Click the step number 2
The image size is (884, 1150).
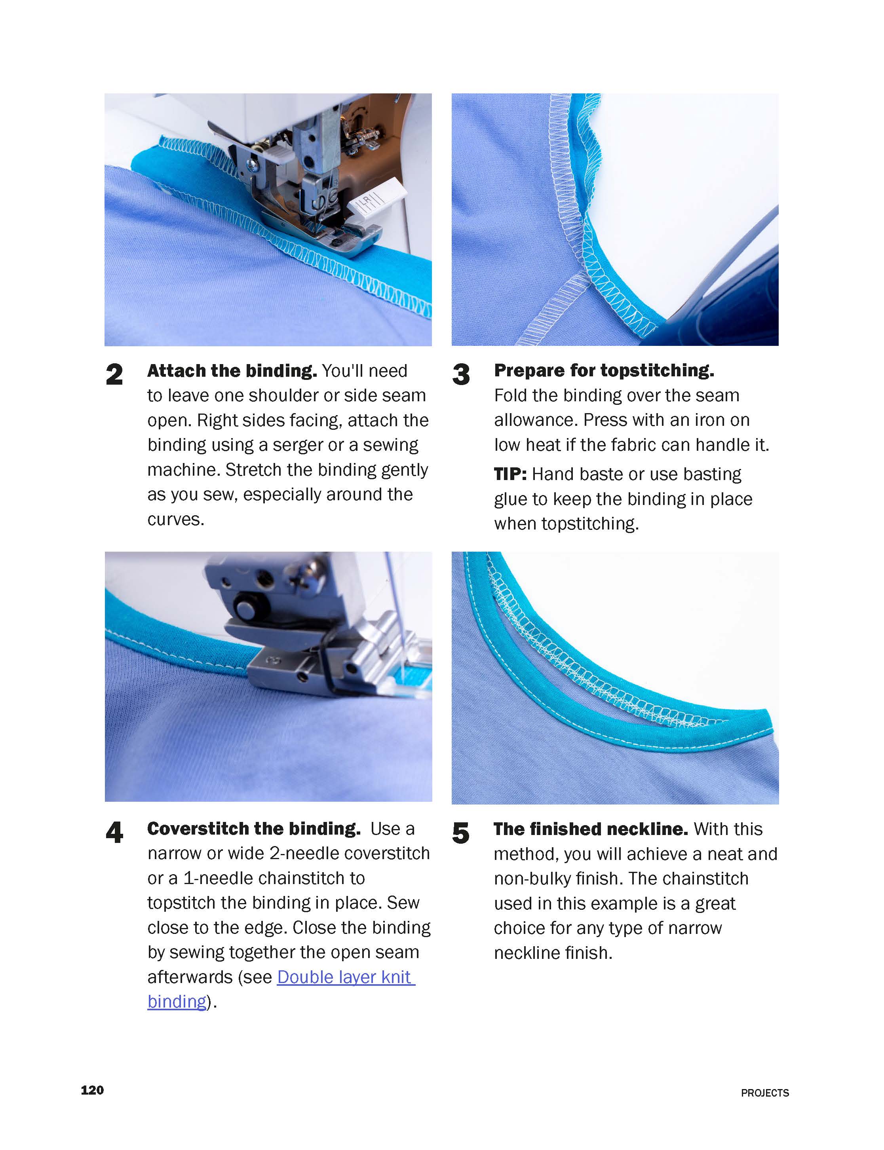[114, 375]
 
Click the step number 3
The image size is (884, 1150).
[461, 375]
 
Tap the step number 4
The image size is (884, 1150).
[114, 833]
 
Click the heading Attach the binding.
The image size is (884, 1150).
[232, 371]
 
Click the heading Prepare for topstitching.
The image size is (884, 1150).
[604, 370]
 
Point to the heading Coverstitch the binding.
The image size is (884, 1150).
[254, 829]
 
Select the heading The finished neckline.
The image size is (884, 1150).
[590, 829]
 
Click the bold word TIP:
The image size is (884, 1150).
[510, 474]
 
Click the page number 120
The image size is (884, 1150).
[92, 1089]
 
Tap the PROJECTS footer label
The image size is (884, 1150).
[764, 1093]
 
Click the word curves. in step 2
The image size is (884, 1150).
[176, 519]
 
